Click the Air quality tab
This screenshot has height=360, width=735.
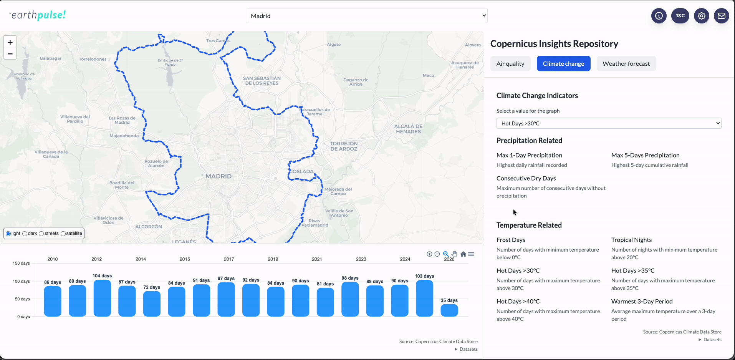point(510,64)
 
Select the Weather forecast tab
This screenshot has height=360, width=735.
point(626,64)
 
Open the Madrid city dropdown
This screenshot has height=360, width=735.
point(366,16)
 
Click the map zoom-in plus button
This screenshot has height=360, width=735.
point(10,42)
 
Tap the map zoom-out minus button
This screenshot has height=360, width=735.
point(10,53)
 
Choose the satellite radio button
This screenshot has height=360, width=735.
point(63,234)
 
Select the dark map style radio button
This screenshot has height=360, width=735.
point(25,234)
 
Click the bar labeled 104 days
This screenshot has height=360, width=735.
point(102,298)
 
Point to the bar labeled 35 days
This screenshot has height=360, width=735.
point(449,310)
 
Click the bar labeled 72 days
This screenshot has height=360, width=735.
point(152,304)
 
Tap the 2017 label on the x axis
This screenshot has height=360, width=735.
point(229,259)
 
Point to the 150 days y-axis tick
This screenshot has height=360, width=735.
point(21,263)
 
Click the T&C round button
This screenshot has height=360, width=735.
point(680,16)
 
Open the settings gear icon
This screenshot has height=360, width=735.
point(702,16)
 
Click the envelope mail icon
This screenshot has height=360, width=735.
point(722,16)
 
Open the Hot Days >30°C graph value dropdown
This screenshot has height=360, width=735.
point(609,123)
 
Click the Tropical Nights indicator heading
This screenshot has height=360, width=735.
point(631,240)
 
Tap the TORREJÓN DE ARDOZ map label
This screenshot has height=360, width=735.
point(344,146)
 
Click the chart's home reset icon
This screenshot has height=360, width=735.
point(463,254)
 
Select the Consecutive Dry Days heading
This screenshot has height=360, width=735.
point(526,178)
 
